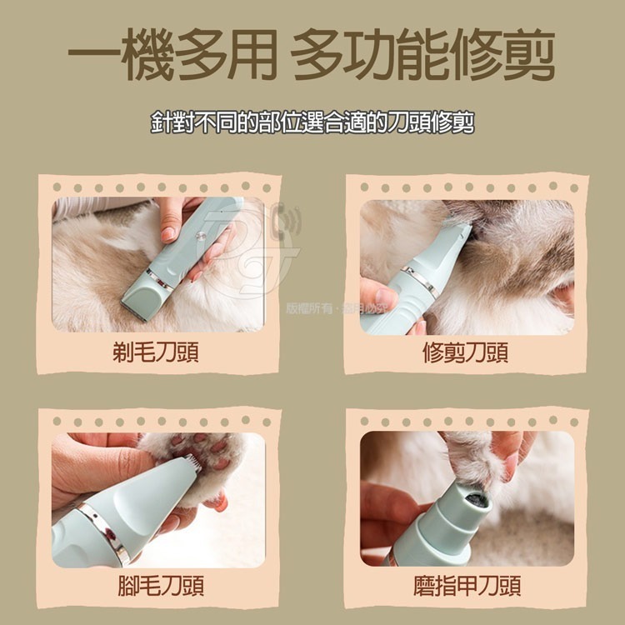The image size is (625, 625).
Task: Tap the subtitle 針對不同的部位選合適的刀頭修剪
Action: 312,122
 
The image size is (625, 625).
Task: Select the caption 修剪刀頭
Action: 466,353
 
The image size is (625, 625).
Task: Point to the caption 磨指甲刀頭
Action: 467,586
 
